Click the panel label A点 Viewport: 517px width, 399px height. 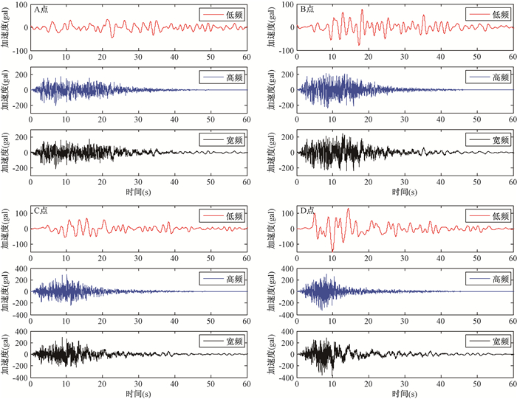coord(41,10)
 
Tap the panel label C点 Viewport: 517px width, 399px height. coord(41,210)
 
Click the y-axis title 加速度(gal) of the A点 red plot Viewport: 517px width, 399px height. coord(6,29)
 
